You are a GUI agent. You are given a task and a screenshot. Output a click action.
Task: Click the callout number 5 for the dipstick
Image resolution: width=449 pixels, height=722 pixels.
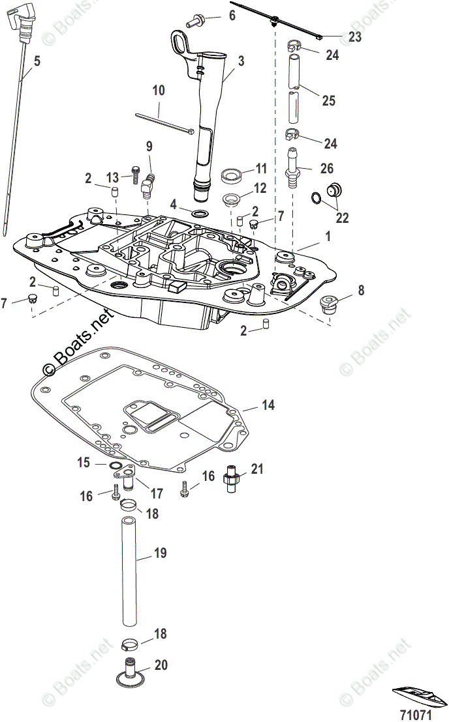pyautogui.click(x=37, y=61)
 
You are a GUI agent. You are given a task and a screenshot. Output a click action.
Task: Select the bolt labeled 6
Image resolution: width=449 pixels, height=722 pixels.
pyautogui.click(x=195, y=22)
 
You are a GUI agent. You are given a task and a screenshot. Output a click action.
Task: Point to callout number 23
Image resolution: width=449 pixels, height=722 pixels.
pyautogui.click(x=355, y=37)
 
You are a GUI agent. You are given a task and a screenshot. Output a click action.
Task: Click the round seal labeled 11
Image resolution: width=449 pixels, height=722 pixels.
pyautogui.click(x=230, y=175)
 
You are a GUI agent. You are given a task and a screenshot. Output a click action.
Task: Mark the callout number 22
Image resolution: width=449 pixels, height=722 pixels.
pyautogui.click(x=341, y=218)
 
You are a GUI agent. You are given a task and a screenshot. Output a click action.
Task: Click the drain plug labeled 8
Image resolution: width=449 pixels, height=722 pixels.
pyautogui.click(x=326, y=303)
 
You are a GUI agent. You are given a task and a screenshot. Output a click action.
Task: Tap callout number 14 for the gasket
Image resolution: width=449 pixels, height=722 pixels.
pyautogui.click(x=268, y=405)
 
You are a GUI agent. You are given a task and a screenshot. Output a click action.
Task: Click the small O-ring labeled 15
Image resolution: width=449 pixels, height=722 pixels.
pyautogui.click(x=114, y=465)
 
